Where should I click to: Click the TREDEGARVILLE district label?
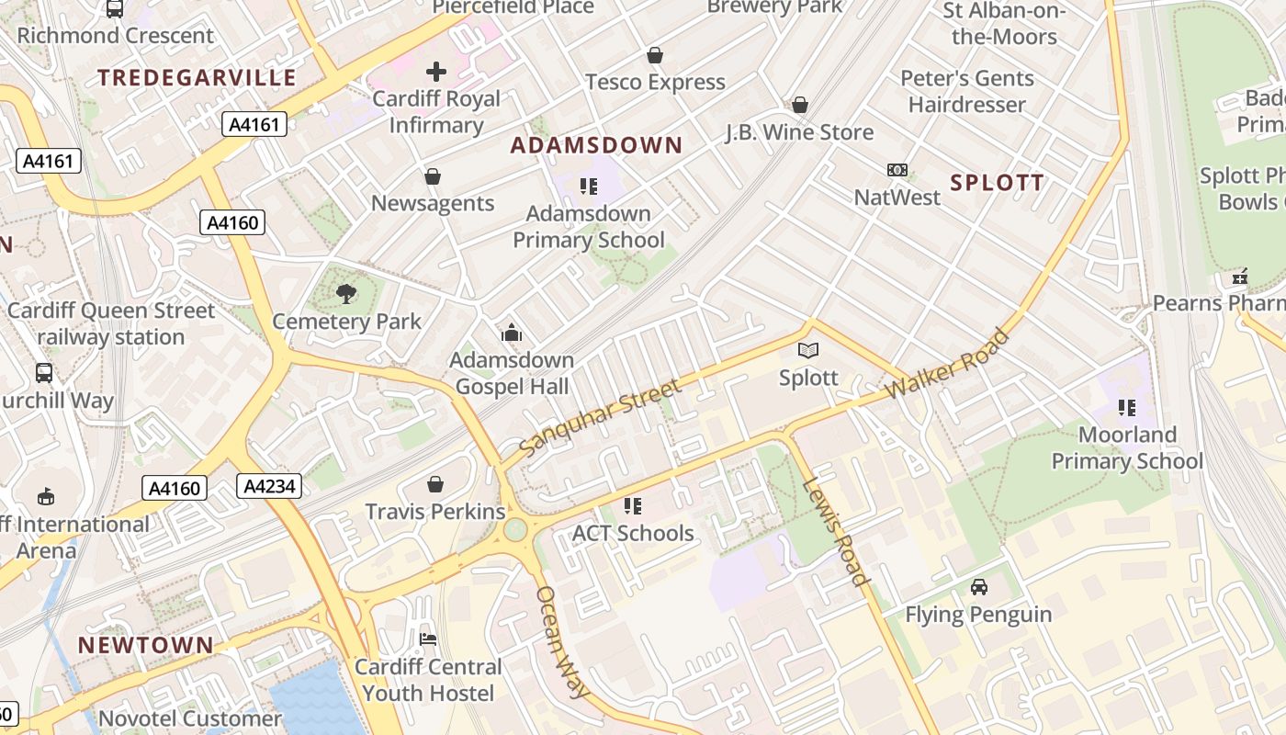(x=197, y=77)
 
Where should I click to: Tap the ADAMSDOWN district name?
(x=597, y=145)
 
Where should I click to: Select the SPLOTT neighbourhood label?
(x=998, y=182)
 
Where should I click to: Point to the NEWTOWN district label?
(x=146, y=645)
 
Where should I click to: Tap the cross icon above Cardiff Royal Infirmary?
(x=436, y=72)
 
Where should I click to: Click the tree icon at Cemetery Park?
(x=346, y=294)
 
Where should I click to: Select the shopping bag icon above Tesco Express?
(x=654, y=55)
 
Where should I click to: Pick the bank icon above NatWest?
(x=897, y=170)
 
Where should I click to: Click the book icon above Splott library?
(x=808, y=350)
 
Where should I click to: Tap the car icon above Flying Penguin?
(x=979, y=586)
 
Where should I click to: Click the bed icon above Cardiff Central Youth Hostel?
(x=428, y=639)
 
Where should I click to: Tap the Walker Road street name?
(x=947, y=364)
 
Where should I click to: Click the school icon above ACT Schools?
(x=632, y=505)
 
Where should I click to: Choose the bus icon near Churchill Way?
(x=44, y=373)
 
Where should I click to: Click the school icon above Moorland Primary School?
(x=1127, y=407)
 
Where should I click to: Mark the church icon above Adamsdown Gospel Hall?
(x=512, y=333)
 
